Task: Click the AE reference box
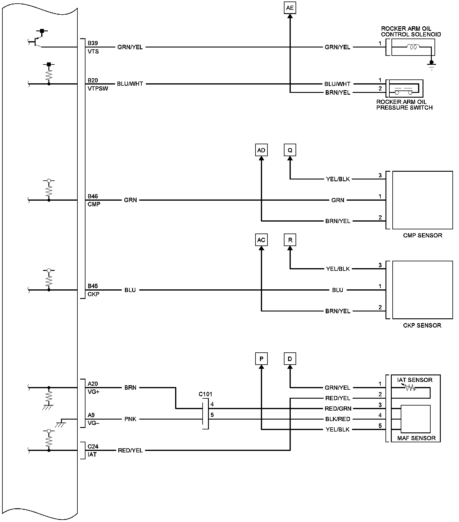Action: coord(290,8)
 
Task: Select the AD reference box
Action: coord(261,150)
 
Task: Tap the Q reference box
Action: coord(290,150)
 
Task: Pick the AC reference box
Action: coord(261,240)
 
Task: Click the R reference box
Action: coord(290,240)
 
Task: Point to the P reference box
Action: coord(261,359)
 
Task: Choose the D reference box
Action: coord(290,359)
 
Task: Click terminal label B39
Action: coord(93,43)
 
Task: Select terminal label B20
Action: coord(93,80)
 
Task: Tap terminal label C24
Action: coord(93,446)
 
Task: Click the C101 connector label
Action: coord(205,394)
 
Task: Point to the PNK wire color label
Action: coord(130,419)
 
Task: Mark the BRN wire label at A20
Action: coord(130,388)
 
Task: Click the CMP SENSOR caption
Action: coord(423,235)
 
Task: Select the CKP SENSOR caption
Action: coord(422,325)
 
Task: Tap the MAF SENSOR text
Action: coord(416,438)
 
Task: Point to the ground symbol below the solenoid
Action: coord(431,65)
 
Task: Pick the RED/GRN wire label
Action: coord(338,409)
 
